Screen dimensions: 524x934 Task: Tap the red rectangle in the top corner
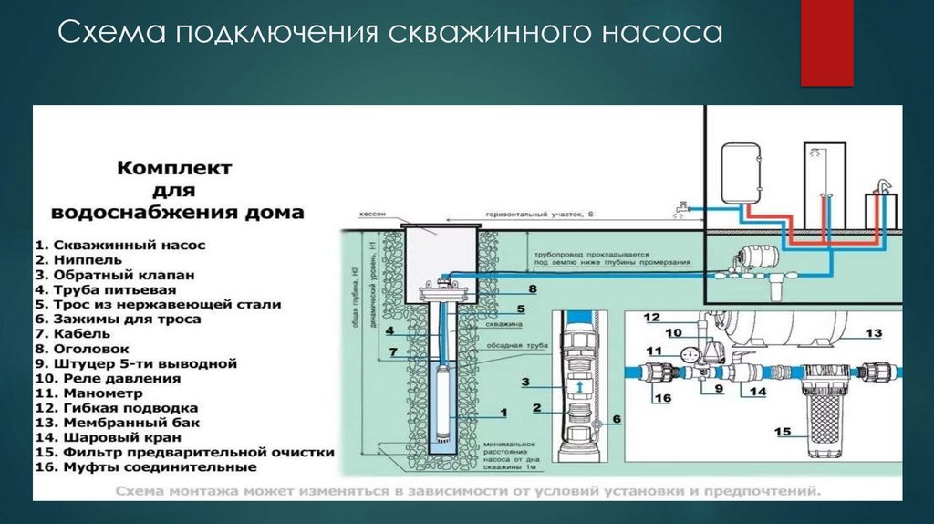[x=825, y=43]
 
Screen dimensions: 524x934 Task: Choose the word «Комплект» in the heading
[x=173, y=169]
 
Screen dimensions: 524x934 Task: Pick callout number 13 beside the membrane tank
[x=874, y=332]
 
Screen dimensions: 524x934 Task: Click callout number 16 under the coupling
[x=662, y=398]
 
